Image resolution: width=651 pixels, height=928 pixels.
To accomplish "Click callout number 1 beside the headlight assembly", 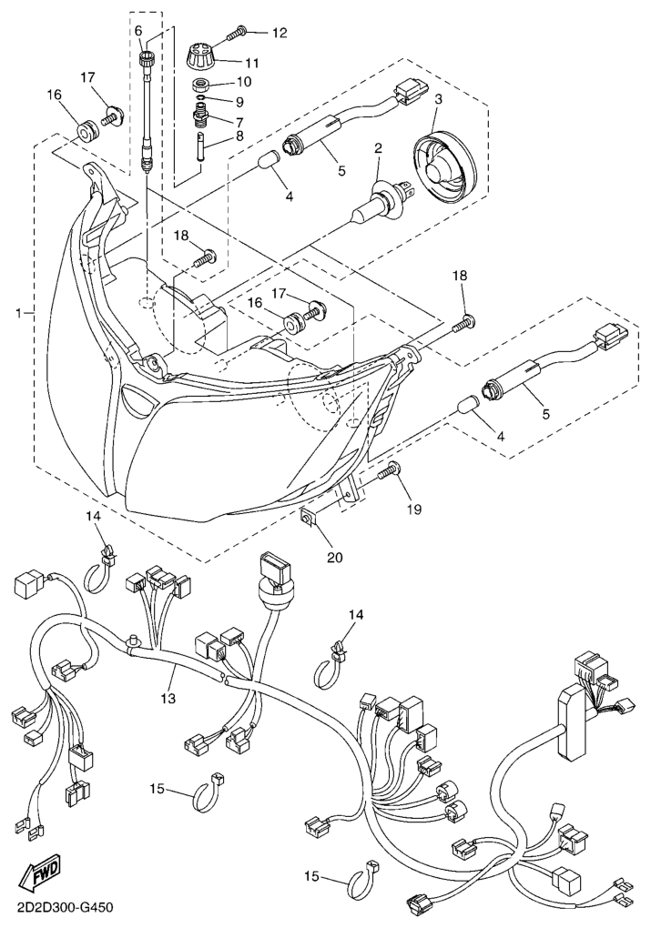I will [x=17, y=313].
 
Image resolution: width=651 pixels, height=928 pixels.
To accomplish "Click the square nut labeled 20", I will [x=309, y=519].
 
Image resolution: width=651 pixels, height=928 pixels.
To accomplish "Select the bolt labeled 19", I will [x=391, y=473].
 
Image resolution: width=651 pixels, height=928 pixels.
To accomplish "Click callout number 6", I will [x=138, y=30].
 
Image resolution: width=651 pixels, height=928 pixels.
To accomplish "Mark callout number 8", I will [x=240, y=136].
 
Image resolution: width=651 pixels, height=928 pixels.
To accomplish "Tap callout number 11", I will [x=251, y=63].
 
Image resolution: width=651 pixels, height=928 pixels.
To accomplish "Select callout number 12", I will [x=279, y=33].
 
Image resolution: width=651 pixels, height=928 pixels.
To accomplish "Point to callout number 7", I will [x=240, y=119].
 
